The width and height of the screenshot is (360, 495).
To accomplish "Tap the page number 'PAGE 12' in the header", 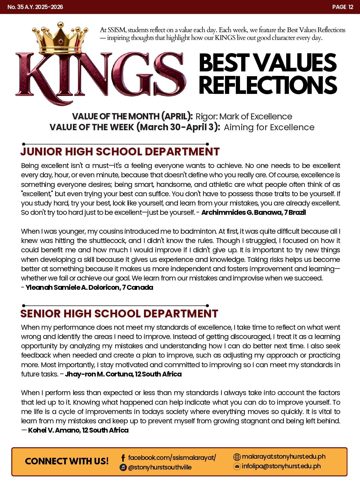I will click(x=343, y=7).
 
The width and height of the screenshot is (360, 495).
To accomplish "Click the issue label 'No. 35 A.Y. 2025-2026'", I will click(x=35, y=7).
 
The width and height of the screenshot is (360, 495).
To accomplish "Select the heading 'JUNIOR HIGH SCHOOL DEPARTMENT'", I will click(x=120, y=152).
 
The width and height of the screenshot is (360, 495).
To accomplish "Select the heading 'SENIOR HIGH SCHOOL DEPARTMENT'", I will click(x=119, y=314).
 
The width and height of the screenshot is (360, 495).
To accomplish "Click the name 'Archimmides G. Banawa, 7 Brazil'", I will click(x=253, y=213).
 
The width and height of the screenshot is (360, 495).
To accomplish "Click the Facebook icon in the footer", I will click(x=123, y=458).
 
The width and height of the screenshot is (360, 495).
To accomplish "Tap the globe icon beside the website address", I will click(x=237, y=457).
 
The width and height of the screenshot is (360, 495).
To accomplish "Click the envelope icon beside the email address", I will click(x=237, y=466).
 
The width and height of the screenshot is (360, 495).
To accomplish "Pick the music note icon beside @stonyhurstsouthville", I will click(x=123, y=467).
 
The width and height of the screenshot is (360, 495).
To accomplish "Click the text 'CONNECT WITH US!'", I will click(x=67, y=461).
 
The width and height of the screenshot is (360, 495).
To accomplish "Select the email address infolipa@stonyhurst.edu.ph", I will click(x=281, y=466).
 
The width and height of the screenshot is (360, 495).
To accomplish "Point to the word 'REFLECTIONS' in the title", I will click(x=268, y=85).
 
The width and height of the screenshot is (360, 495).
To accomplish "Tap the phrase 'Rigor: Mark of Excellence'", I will click(x=244, y=116).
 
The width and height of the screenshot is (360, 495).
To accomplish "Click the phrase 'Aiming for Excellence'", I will click(x=269, y=127).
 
